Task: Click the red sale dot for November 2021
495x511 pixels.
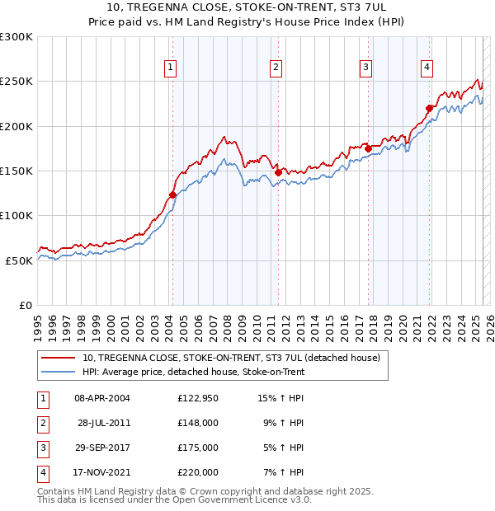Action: (429, 108)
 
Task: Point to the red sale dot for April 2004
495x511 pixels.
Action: (172, 195)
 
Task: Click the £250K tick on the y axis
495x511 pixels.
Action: (16, 82)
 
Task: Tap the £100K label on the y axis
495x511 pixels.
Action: (16, 215)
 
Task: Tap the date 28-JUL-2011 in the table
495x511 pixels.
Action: (102, 424)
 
